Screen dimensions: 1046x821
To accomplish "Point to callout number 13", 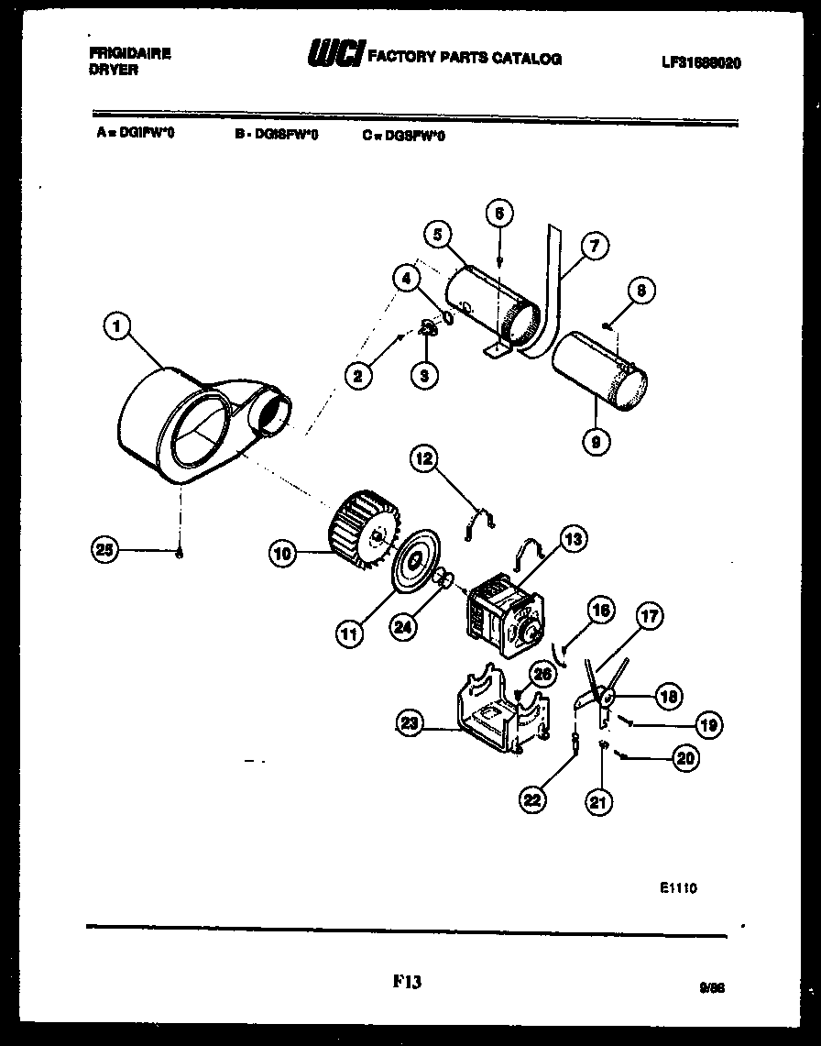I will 573,540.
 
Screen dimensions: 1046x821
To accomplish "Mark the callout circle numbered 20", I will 684,757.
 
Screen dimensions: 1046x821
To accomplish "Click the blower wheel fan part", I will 364,530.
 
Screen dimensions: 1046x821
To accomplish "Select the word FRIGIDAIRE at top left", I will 129,54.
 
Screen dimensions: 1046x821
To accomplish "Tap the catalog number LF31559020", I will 700,63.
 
